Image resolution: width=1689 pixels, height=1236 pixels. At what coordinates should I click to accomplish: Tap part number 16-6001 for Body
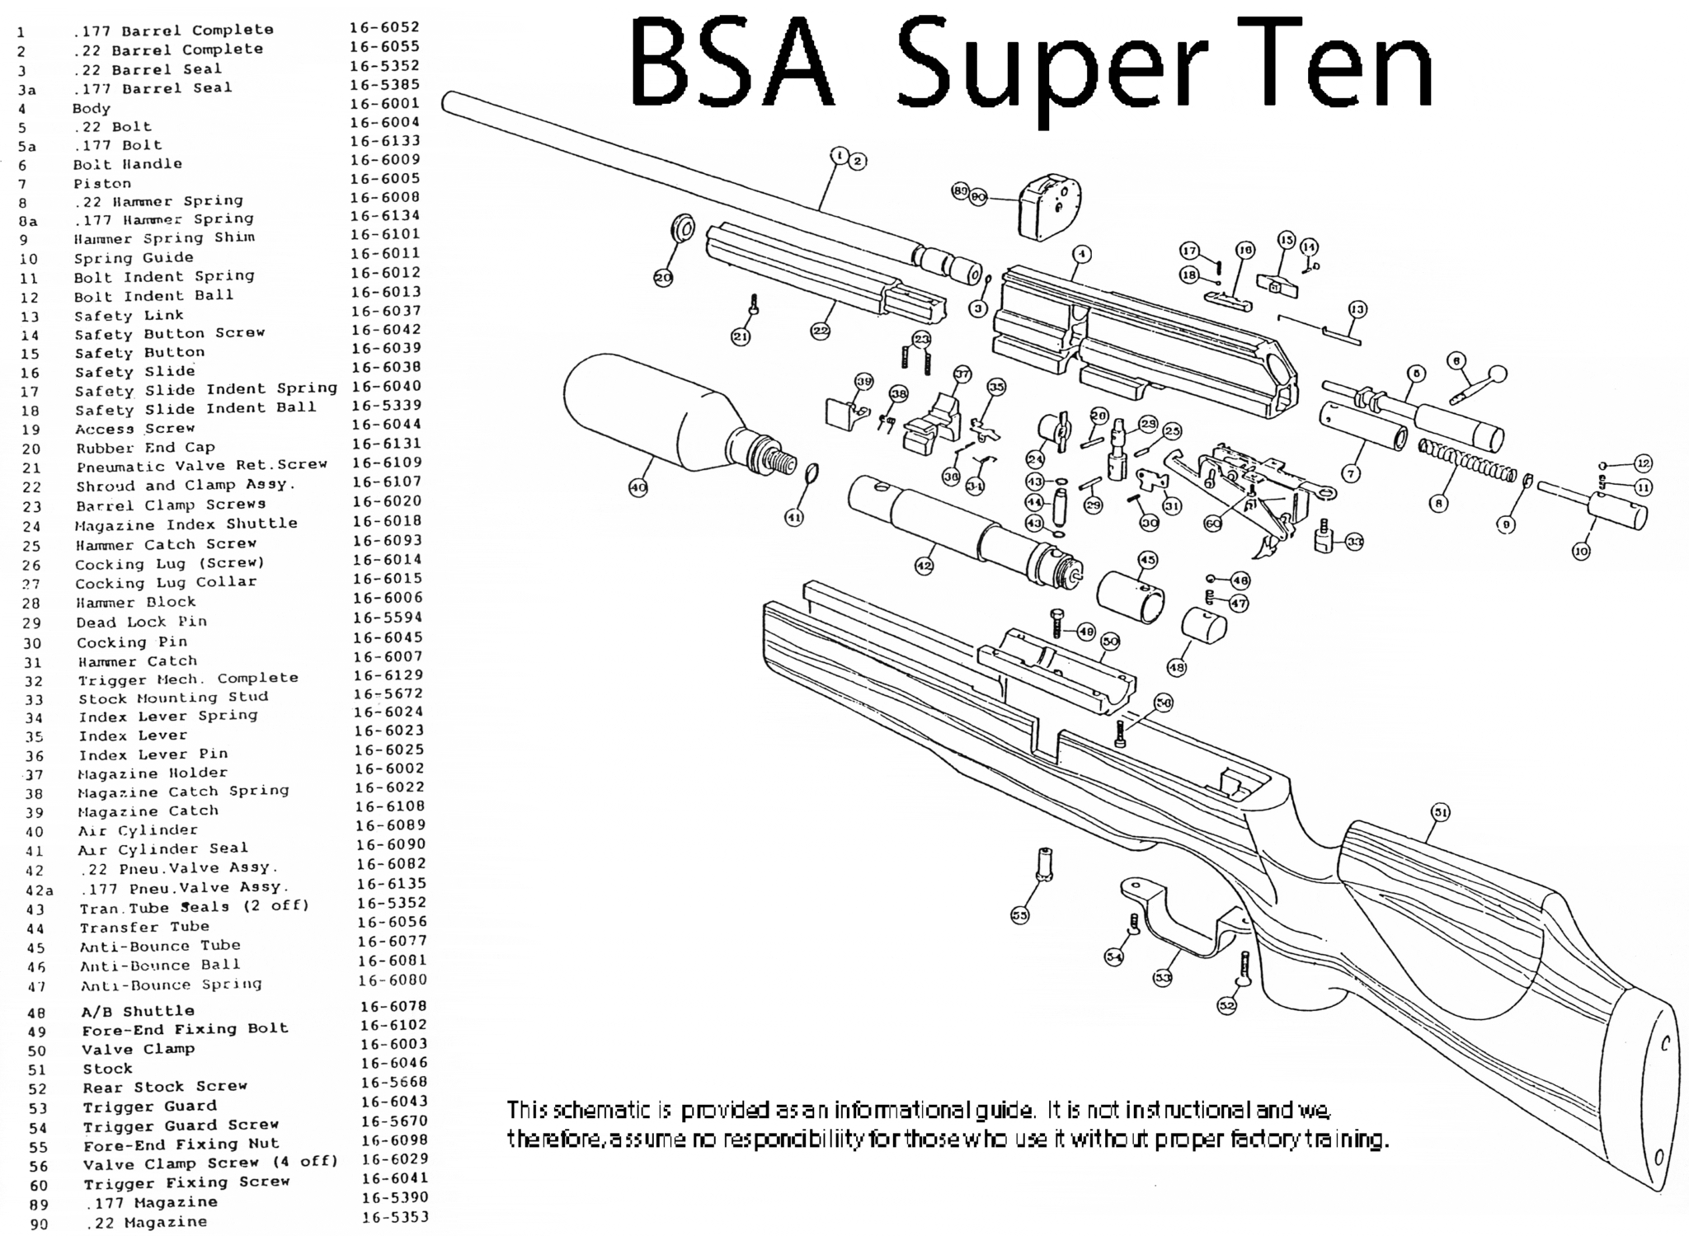(x=384, y=103)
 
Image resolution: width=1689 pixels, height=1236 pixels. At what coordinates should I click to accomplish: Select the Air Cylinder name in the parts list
(x=138, y=830)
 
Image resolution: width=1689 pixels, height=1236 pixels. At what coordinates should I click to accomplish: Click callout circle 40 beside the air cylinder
(x=637, y=487)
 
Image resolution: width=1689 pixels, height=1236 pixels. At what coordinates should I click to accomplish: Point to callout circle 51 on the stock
(x=1439, y=812)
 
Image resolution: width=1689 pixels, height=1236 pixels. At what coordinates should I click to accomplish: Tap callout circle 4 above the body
(x=1081, y=254)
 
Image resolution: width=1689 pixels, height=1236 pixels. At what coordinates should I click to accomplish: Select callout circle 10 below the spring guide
(x=1580, y=552)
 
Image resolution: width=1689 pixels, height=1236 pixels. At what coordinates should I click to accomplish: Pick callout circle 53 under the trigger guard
(x=1162, y=978)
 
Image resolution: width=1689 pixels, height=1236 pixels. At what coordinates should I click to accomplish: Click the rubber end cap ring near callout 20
(x=683, y=228)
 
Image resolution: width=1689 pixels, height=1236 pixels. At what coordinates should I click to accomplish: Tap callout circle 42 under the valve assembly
(x=924, y=566)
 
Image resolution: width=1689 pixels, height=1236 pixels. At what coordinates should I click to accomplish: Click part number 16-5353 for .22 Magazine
(x=395, y=1217)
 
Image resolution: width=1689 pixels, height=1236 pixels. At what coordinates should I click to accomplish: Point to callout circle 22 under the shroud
(x=820, y=331)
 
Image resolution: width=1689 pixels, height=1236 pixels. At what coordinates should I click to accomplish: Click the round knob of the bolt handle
(x=1497, y=375)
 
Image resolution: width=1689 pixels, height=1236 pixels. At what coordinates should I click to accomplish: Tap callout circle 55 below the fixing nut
(x=1020, y=914)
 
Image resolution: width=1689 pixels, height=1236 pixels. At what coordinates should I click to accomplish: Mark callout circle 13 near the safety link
(x=1357, y=309)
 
